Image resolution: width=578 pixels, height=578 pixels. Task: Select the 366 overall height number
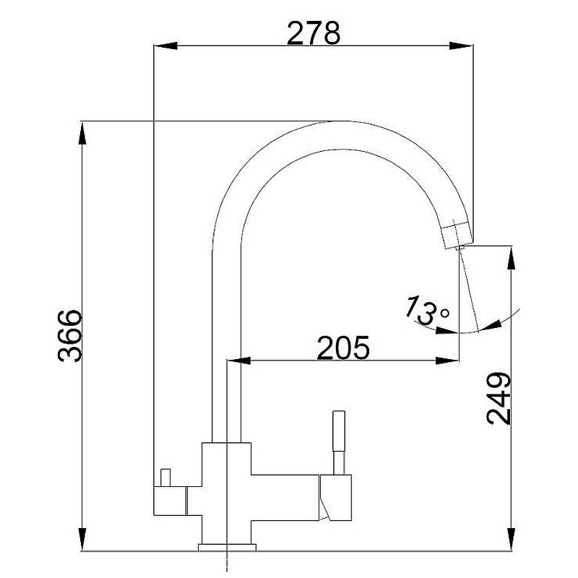pyautogui.click(x=69, y=335)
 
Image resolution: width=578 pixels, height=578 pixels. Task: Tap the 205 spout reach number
pyautogui.click(x=342, y=348)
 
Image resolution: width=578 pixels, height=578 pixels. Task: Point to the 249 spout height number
pyautogui.click(x=499, y=399)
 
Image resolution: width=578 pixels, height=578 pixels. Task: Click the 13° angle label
pyautogui.click(x=427, y=311)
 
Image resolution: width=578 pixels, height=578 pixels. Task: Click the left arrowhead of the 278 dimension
pyautogui.click(x=165, y=46)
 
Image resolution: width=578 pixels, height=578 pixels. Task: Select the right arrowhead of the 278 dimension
pyautogui.click(x=461, y=46)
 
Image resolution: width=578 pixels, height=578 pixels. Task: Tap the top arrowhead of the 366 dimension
pyautogui.click(x=82, y=134)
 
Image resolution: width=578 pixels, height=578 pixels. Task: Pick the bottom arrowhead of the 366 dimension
pyautogui.click(x=82, y=539)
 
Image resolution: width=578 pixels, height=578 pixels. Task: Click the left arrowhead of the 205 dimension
pyautogui.click(x=239, y=360)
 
